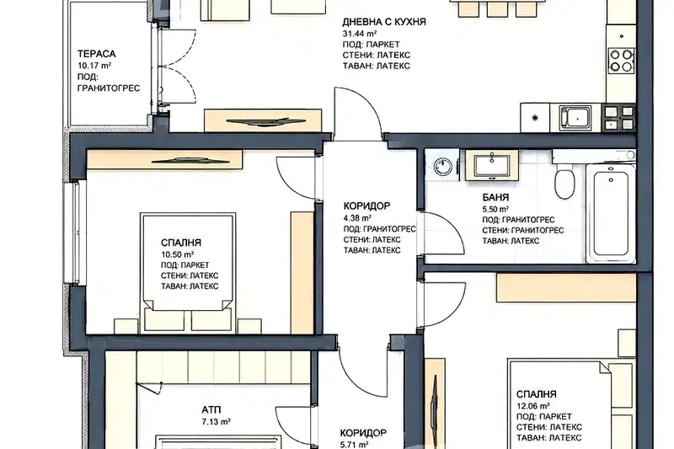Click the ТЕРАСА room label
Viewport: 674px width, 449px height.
point(97,54)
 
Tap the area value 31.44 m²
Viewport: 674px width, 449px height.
point(360,34)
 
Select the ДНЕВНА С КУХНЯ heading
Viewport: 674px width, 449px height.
point(384,22)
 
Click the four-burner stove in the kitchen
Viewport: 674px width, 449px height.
point(621,60)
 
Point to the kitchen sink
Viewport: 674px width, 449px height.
point(575,117)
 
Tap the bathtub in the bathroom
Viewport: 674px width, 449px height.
point(611,213)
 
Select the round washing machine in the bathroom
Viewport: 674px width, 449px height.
point(441,166)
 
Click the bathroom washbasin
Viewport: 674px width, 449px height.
point(492,165)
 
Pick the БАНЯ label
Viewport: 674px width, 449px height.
point(495,198)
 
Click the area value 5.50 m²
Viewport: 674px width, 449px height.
point(495,209)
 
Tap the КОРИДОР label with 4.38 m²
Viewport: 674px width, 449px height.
point(367,206)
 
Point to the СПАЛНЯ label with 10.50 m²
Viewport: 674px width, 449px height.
point(181,243)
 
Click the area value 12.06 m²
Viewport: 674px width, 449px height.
point(533,405)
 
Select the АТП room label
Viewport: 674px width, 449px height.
point(211,410)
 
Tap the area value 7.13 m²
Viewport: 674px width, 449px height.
point(217,422)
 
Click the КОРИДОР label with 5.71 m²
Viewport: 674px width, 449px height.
point(363,433)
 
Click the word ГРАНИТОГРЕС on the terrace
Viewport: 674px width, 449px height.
point(109,88)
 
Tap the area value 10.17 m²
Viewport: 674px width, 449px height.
point(94,66)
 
